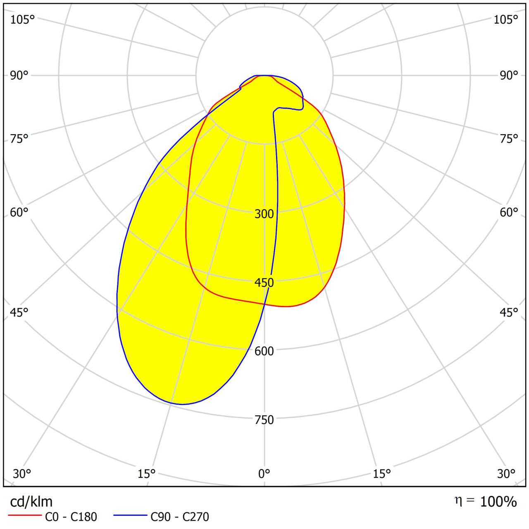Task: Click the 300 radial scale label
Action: point(264,214)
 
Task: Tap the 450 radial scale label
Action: point(264,282)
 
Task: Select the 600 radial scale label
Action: point(264,351)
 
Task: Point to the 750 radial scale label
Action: point(264,419)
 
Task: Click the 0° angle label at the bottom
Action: point(264,473)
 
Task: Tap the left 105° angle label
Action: point(22,19)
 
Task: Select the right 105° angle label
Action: point(506,19)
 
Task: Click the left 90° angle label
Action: point(19,75)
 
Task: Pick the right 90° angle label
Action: point(509,75)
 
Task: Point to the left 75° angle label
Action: point(19,138)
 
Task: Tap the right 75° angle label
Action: point(509,138)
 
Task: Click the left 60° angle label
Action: point(19,212)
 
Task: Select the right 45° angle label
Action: point(509,312)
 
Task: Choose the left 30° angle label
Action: point(21,473)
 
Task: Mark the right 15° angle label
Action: point(382,473)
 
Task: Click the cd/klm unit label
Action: point(31,502)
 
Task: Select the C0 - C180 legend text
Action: point(71,517)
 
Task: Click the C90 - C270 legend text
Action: point(180,517)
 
